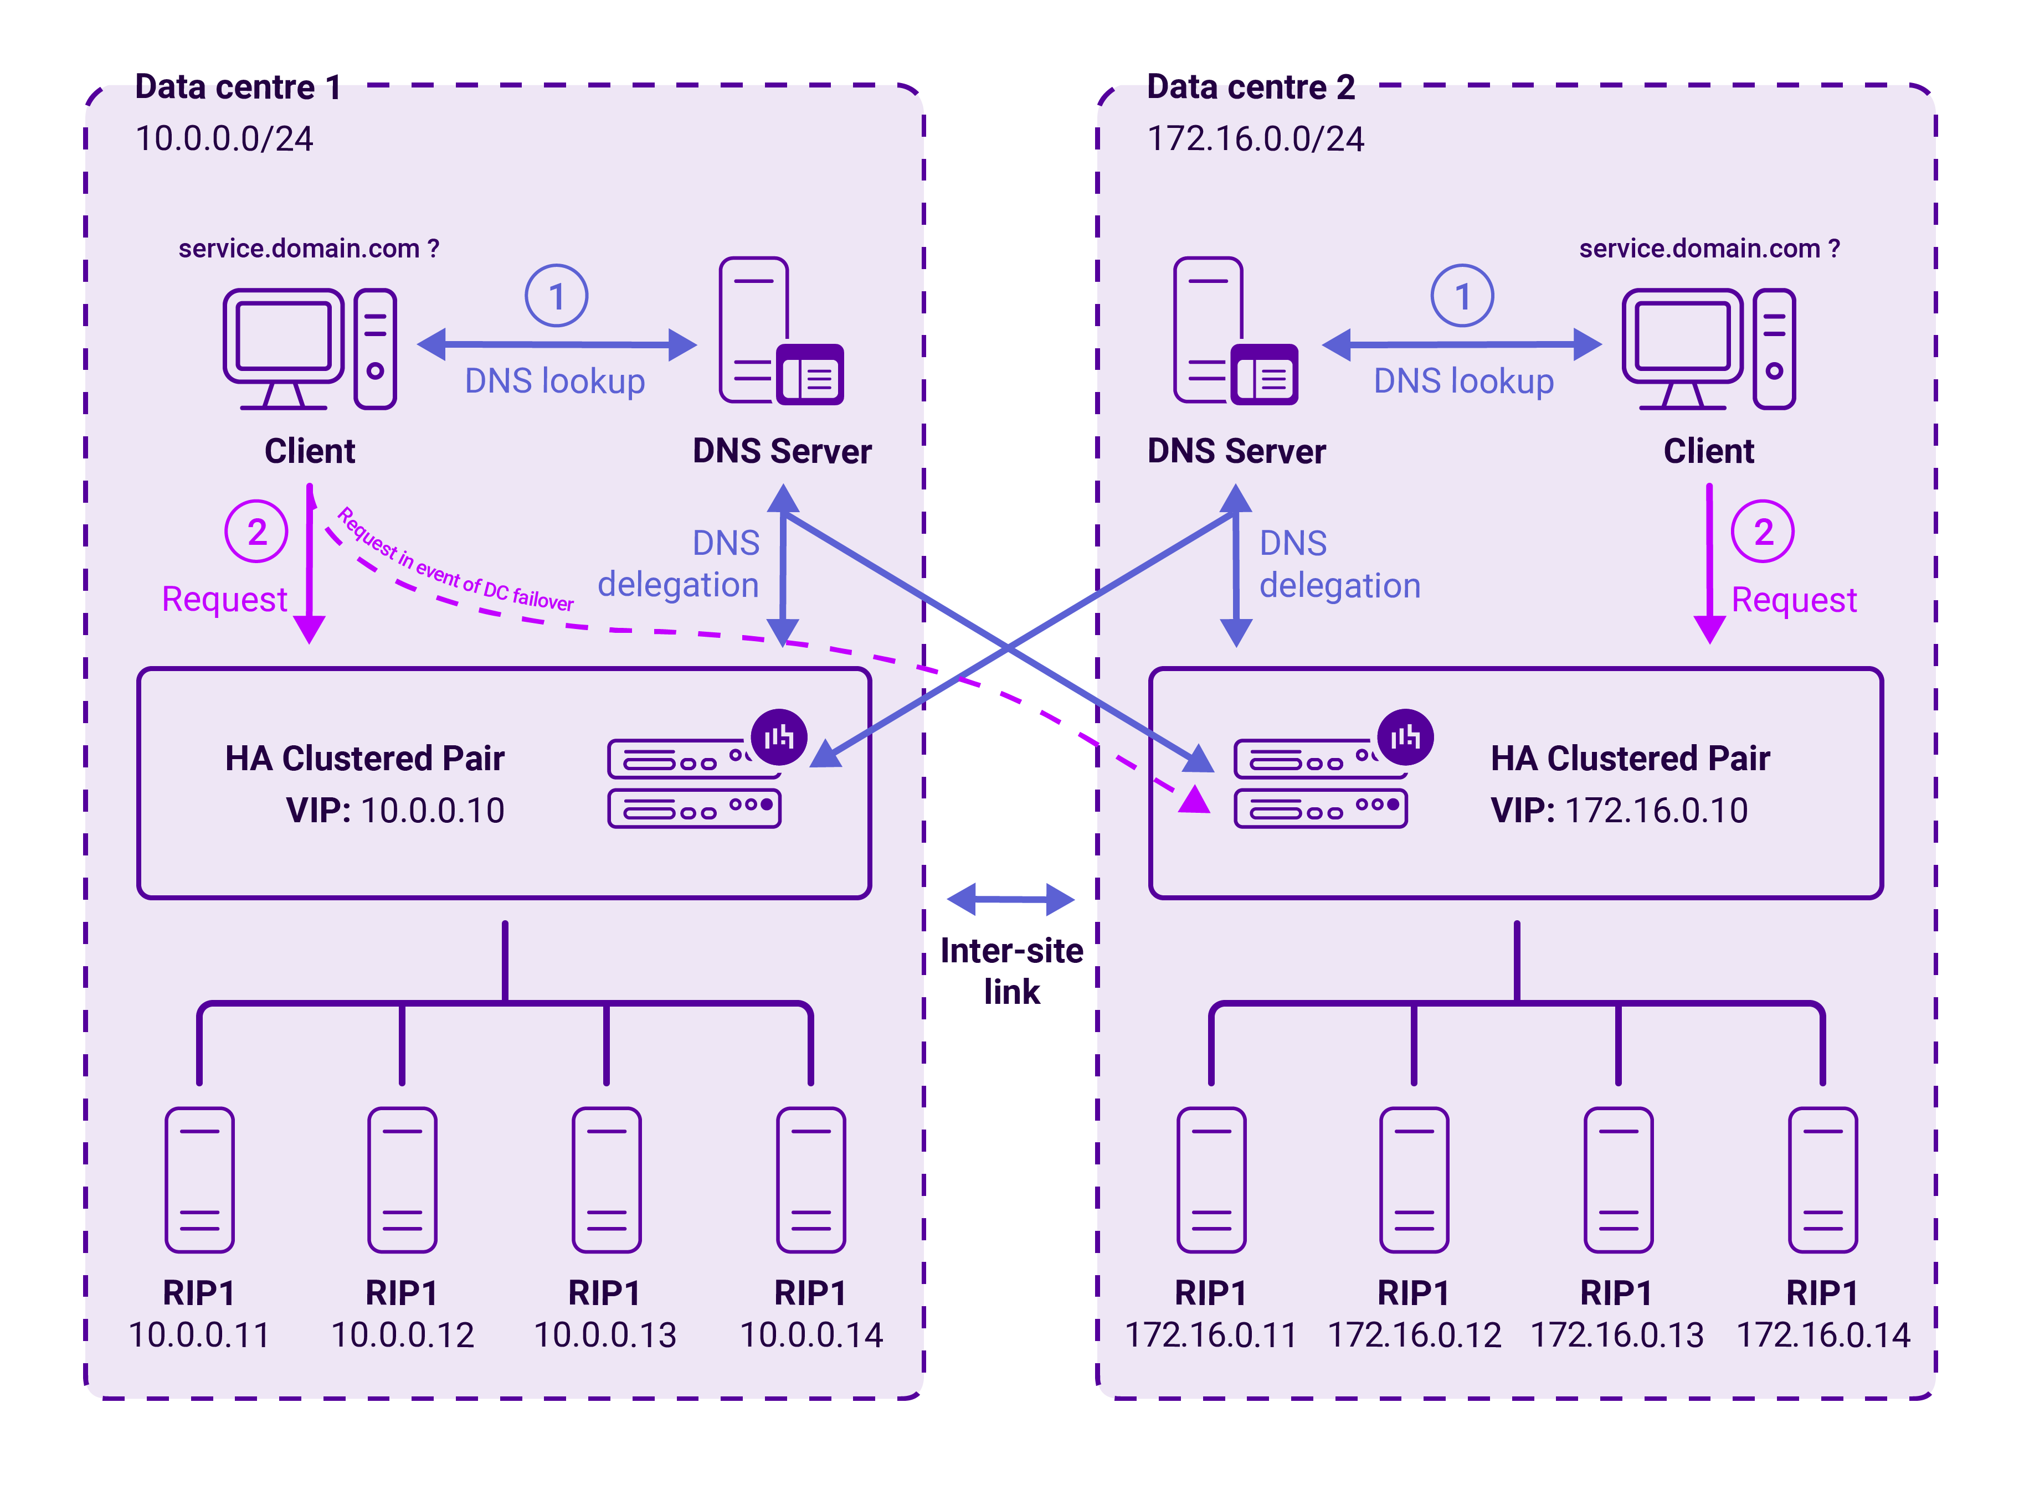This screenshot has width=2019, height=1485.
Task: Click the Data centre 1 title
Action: [x=238, y=87]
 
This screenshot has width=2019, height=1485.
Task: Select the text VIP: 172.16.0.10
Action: [x=1618, y=810]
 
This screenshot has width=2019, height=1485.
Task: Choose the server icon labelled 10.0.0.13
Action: [x=606, y=1179]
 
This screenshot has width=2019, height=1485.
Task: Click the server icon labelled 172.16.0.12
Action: [x=1413, y=1179]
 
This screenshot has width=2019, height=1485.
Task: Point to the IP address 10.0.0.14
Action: [x=810, y=1335]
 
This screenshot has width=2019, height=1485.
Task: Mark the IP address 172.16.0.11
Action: [x=1210, y=1335]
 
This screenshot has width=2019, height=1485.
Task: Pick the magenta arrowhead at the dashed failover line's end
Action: [x=1194, y=799]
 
